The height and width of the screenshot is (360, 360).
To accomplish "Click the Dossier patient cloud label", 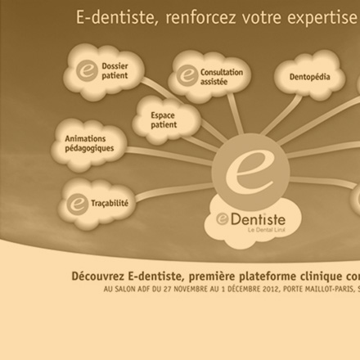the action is [115, 71].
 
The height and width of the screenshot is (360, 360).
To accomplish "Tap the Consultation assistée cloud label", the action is [222, 77].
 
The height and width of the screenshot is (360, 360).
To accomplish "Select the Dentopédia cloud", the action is [309, 75].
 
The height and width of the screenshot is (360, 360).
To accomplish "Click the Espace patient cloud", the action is [166, 120].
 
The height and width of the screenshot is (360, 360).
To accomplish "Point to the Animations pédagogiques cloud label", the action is [89, 143].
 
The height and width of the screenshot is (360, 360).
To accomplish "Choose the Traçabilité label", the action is [110, 204].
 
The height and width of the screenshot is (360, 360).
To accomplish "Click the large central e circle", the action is [250, 171].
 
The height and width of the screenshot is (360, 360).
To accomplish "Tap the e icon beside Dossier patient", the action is [87, 70].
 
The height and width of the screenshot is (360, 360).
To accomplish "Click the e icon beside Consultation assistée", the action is [187, 75].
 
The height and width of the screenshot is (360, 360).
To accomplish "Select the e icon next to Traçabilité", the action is [78, 205].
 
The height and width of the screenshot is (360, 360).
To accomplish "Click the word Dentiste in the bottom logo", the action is [258, 219].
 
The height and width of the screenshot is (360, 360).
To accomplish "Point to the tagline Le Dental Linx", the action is [267, 230].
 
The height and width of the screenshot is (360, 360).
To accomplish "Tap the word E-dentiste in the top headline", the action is [115, 17].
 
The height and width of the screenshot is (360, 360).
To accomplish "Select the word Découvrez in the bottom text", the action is [98, 277].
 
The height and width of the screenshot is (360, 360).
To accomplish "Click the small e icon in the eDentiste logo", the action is [223, 219].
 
